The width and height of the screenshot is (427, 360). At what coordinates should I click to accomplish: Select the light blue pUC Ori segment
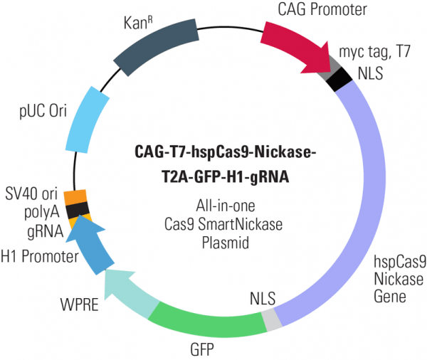88,117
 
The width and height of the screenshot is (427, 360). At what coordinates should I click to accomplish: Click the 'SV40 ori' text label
33,193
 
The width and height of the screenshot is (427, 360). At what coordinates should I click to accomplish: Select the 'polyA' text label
42,211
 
